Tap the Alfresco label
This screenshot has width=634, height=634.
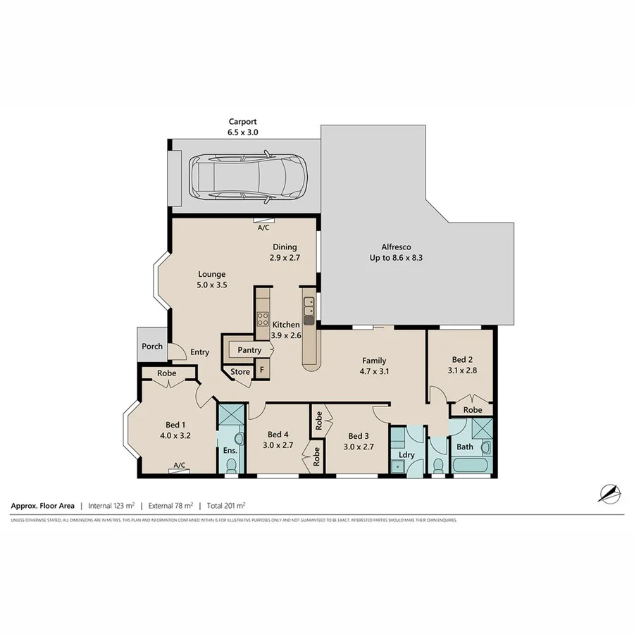pyautogui.click(x=396, y=247)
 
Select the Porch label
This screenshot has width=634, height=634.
pyautogui.click(x=152, y=346)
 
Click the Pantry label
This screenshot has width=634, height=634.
pyautogui.click(x=249, y=350)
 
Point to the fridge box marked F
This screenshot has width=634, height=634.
pyautogui.click(x=261, y=369)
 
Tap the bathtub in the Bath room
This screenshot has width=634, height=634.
pyautogui.click(x=468, y=466)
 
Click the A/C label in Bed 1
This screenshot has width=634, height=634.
pyautogui.click(x=179, y=465)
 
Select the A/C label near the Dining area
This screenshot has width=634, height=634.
pyautogui.click(x=263, y=228)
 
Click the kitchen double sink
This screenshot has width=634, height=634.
pyautogui.click(x=309, y=306)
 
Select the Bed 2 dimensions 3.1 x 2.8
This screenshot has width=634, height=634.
pyautogui.click(x=463, y=369)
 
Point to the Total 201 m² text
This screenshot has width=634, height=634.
pyautogui.click(x=225, y=505)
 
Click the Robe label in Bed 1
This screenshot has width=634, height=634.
pyautogui.click(x=166, y=373)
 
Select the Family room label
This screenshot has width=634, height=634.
pyautogui.click(x=374, y=361)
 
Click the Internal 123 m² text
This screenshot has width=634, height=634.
pyautogui.click(x=111, y=505)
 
